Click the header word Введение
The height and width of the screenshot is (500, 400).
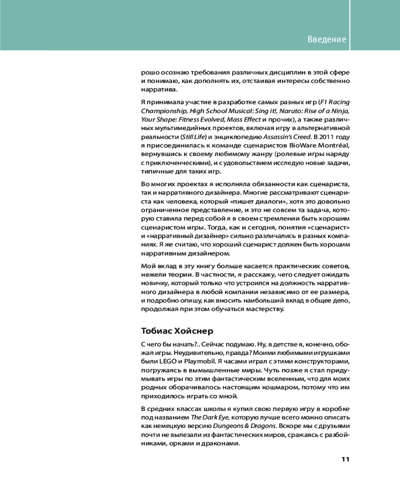pyautogui.click(x=326, y=39)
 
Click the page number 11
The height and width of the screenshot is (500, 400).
pyautogui.click(x=345, y=459)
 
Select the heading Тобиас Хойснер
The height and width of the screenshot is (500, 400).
pyautogui.click(x=176, y=330)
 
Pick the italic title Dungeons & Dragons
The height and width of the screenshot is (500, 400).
pyautogui.click(x=244, y=425)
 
